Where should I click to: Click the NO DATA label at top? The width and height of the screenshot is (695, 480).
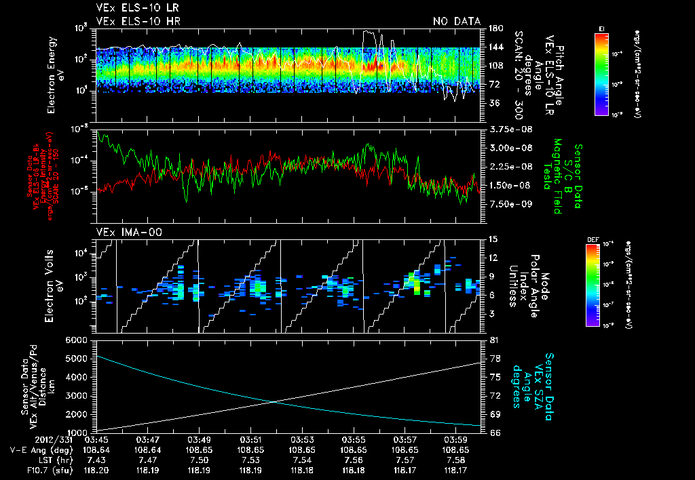(456, 22)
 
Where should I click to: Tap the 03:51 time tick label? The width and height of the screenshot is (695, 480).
(250, 439)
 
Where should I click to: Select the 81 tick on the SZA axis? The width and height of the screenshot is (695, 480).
(494, 339)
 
